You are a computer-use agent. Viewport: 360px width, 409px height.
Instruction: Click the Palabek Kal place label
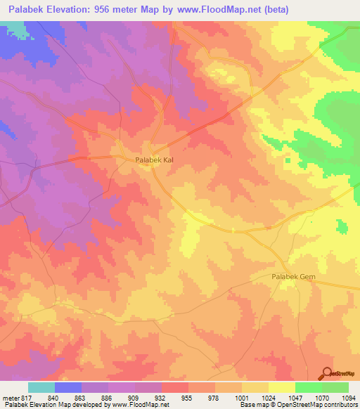tap(154, 160)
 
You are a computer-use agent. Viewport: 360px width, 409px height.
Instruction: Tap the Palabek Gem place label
tap(294, 278)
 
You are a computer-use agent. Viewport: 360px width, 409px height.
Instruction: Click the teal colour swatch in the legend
tap(41, 387)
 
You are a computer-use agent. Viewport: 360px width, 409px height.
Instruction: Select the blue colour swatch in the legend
tap(68, 387)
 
